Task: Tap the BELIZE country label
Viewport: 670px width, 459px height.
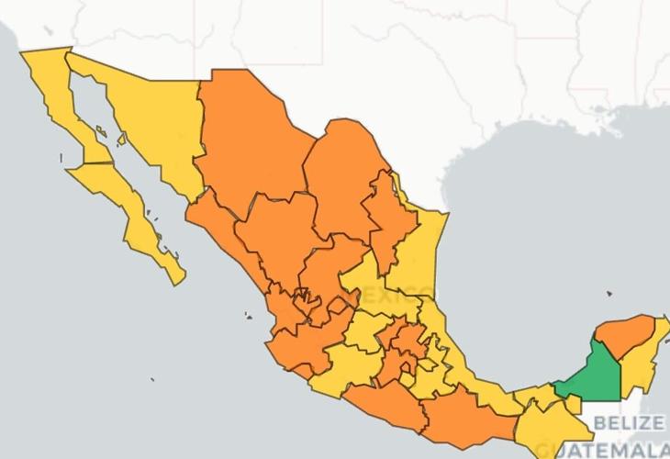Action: coord(629,423)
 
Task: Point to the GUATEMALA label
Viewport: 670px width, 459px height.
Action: coord(609,450)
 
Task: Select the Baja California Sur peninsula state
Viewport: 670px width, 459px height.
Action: coord(138,216)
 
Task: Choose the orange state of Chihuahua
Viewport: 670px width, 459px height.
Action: coord(248,138)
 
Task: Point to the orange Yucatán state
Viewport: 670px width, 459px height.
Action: coord(624,335)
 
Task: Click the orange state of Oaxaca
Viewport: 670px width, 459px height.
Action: coord(459,413)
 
